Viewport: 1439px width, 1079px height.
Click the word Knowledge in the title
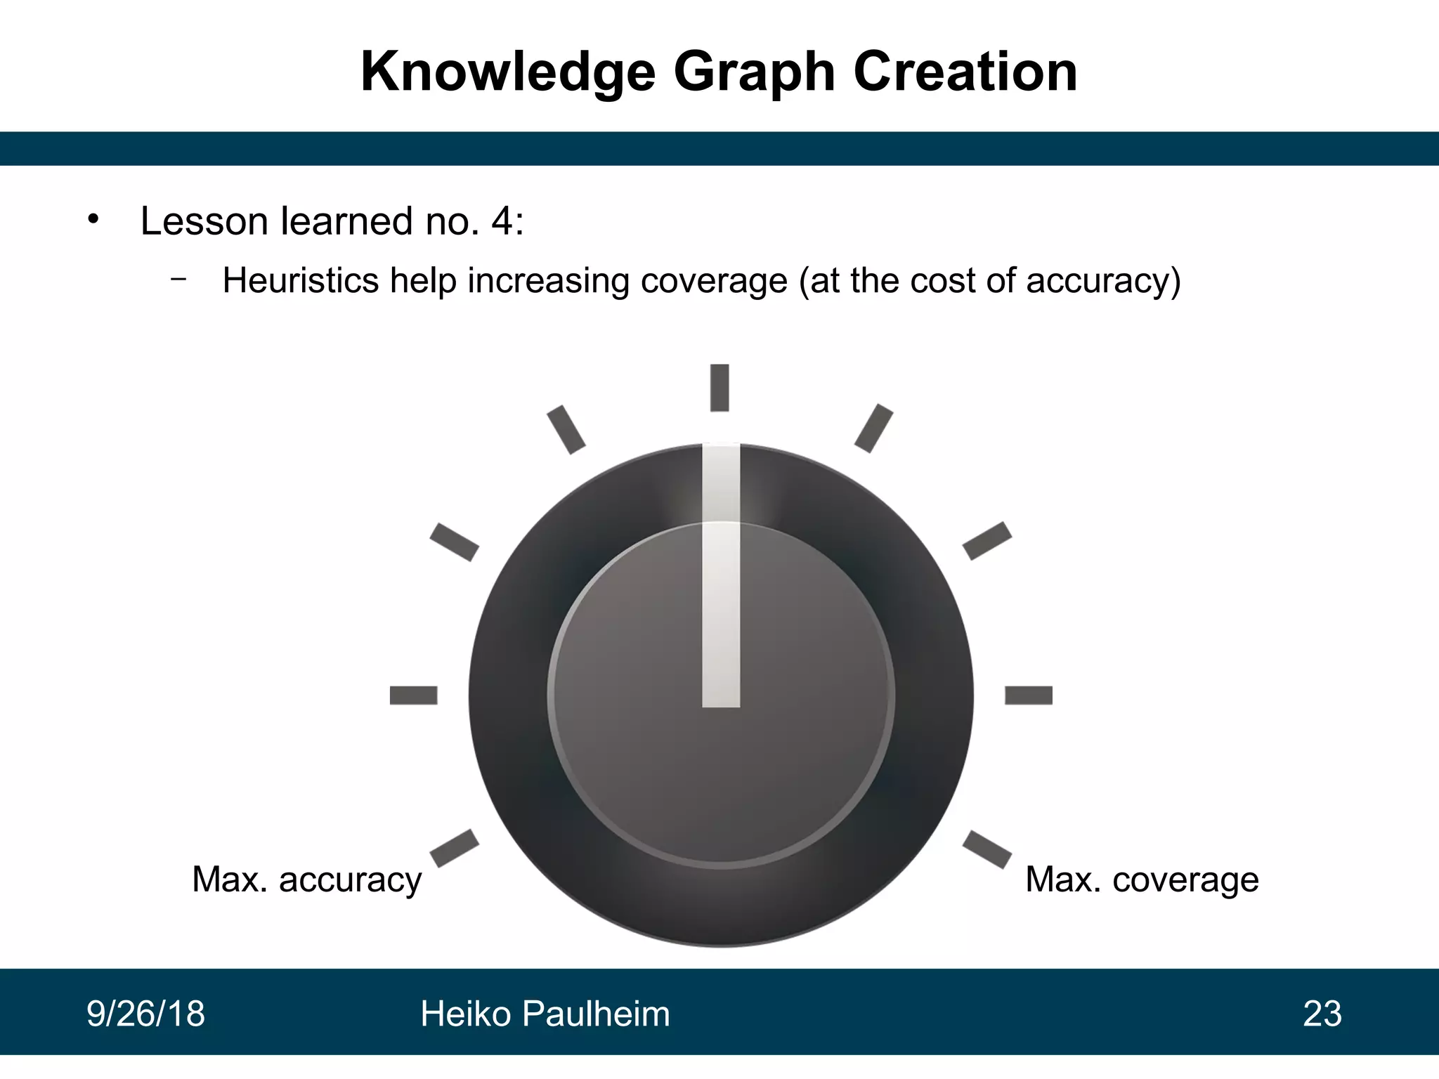pyautogui.click(x=507, y=72)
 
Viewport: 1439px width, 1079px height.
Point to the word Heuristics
pyautogui.click(x=301, y=280)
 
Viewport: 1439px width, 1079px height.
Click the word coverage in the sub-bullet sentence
pyautogui.click(x=713, y=280)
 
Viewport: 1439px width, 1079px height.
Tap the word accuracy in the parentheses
pyautogui.click(x=1096, y=280)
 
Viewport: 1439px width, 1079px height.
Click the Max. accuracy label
pyautogui.click(x=307, y=879)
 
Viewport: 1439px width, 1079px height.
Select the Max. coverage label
pyautogui.click(x=1142, y=879)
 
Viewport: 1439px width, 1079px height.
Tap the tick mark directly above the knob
pyautogui.click(x=719, y=387)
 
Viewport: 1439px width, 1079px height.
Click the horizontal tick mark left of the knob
pyautogui.click(x=413, y=695)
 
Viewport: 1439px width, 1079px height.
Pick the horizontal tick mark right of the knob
pyautogui.click(x=1029, y=695)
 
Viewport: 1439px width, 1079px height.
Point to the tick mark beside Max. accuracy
pyautogui.click(x=454, y=849)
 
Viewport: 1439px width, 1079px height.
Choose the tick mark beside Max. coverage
pyautogui.click(x=987, y=849)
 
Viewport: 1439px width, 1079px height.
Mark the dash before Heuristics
pyautogui.click(x=178, y=279)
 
